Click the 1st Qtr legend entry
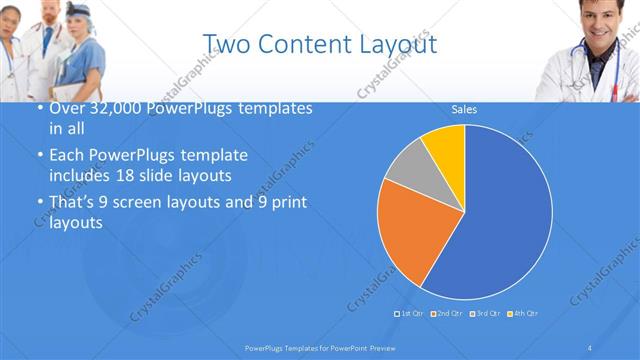pos(411,314)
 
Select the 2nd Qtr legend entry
pos(448,314)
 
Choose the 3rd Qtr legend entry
pos(485,314)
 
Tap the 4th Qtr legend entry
pos(523,314)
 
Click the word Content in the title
pos(320,45)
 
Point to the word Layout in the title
pos(400,45)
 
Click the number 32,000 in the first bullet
pos(107,108)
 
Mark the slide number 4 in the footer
pos(589,347)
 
